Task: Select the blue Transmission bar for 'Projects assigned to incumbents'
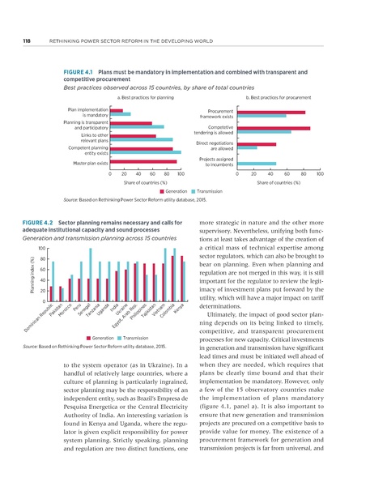tap(257, 164)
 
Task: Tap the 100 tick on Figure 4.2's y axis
tap(42, 249)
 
